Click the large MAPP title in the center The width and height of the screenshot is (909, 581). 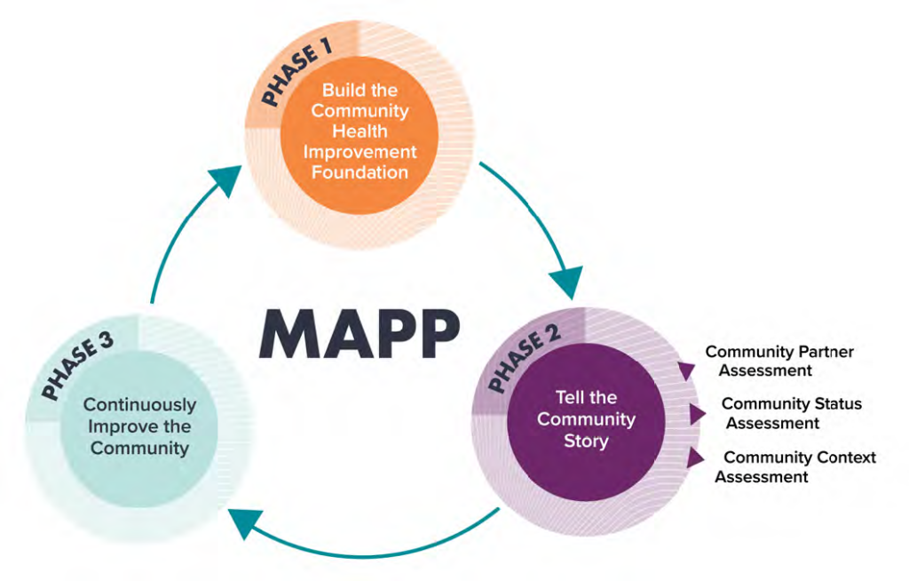pyautogui.click(x=360, y=334)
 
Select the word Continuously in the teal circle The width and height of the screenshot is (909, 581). pyautogui.click(x=139, y=405)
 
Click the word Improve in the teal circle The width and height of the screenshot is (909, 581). pyautogui.click(x=120, y=426)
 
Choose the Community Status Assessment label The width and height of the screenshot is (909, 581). pyautogui.click(x=789, y=413)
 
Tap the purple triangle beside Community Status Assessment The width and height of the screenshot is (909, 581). pyautogui.click(x=698, y=413)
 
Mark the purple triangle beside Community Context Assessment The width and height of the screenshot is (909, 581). pyautogui.click(x=697, y=458)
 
